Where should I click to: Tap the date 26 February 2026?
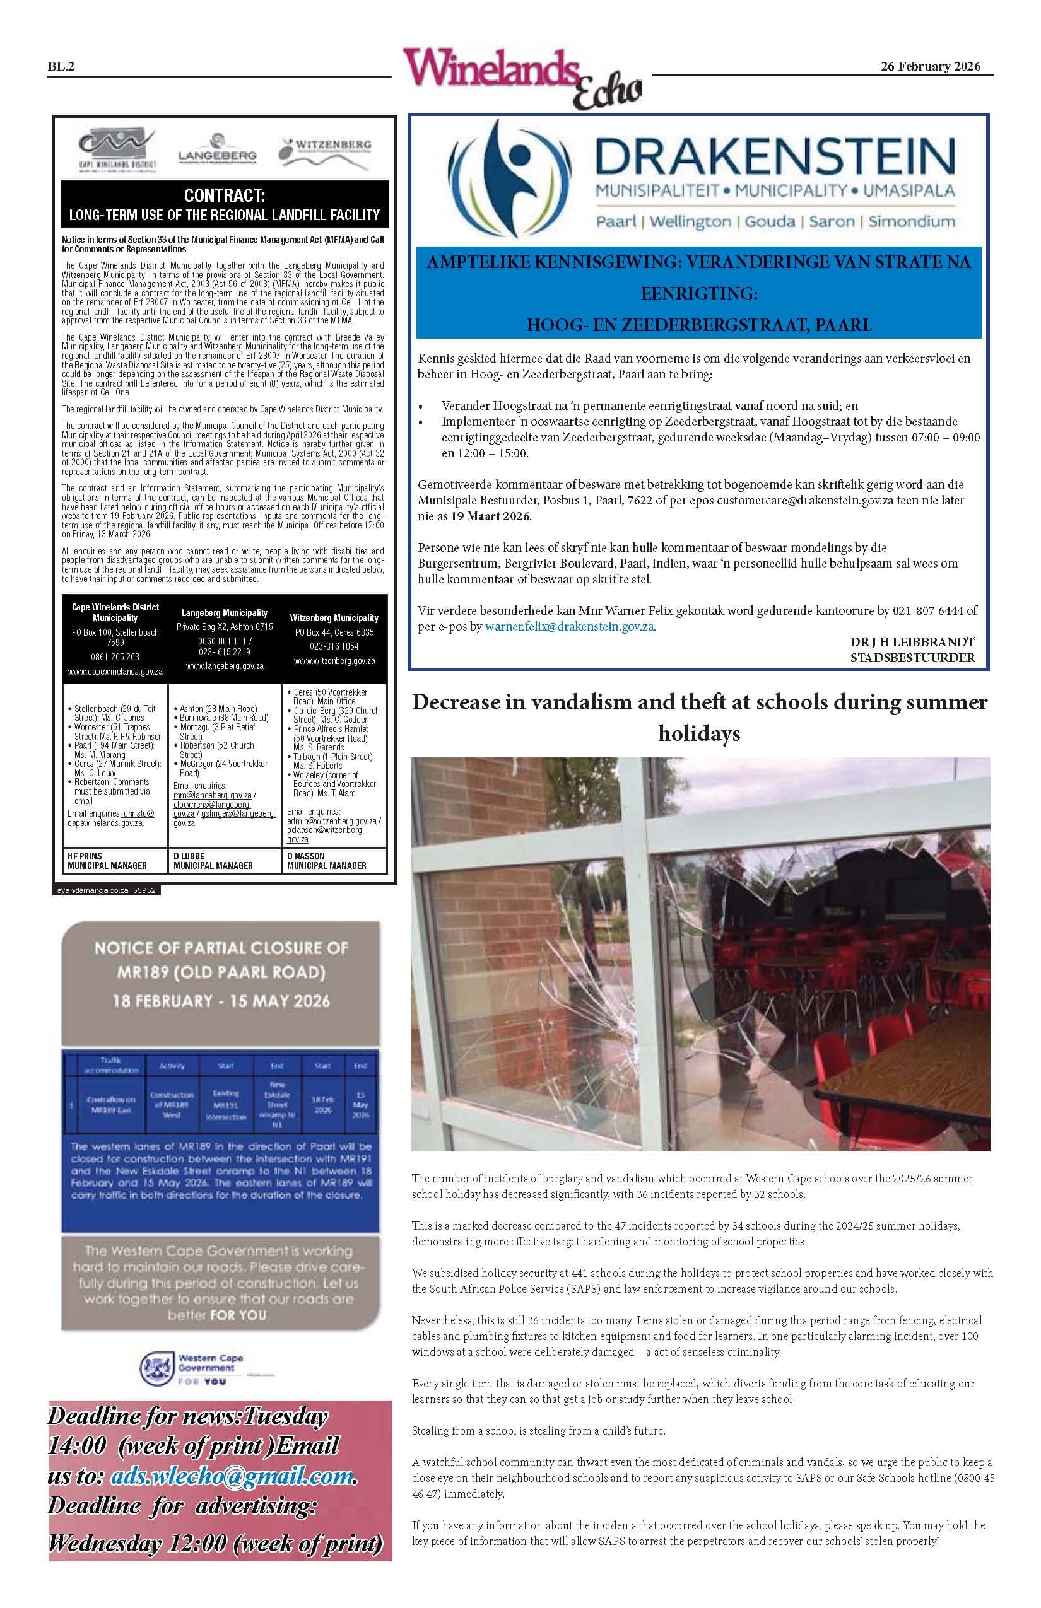(930, 66)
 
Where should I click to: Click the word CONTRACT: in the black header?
(225, 196)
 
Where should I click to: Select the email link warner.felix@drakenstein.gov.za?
(569, 626)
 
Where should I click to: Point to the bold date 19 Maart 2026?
(490, 516)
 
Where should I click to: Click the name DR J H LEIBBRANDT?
(912, 642)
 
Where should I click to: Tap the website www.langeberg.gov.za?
(225, 666)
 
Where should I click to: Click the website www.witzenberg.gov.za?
(334, 661)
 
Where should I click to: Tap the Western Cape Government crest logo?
(156, 1368)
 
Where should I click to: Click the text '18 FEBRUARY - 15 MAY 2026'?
(221, 1001)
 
